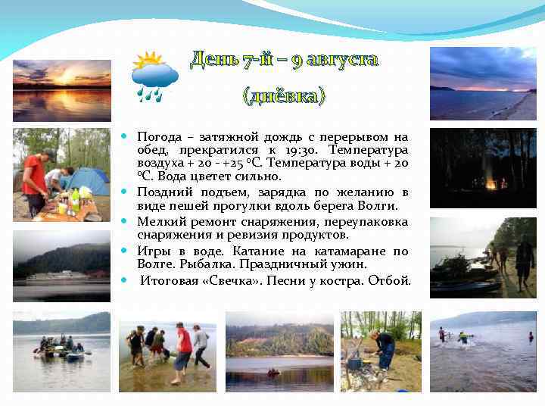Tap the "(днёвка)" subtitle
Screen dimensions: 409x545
click(283, 96)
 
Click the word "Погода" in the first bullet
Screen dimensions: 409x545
click(160, 137)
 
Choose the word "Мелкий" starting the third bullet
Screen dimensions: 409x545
click(159, 222)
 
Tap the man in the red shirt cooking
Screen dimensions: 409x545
click(33, 182)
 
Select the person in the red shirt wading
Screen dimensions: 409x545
click(182, 348)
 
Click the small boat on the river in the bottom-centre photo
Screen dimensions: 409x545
click(273, 372)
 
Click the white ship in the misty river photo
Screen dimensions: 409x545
click(53, 276)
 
